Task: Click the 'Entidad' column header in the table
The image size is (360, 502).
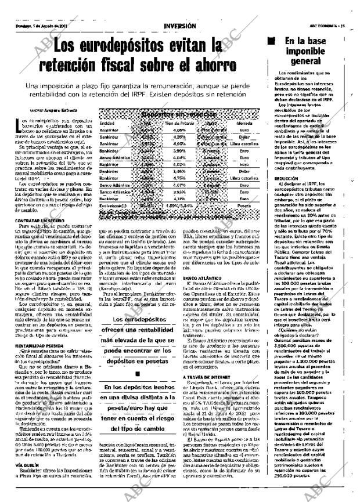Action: (x=107, y=123)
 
